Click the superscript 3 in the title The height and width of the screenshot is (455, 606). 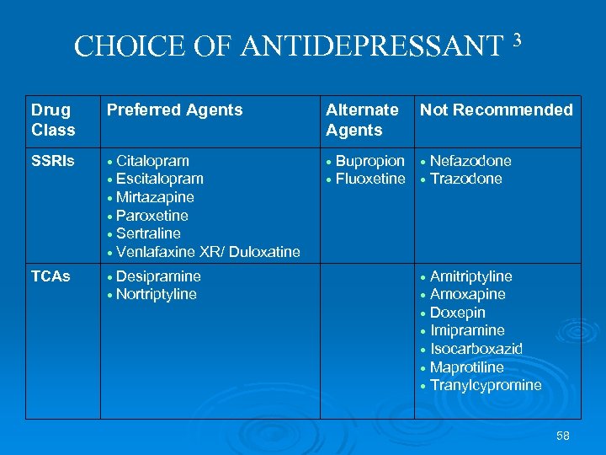pos(517,39)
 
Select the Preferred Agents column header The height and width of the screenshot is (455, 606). pos(173,110)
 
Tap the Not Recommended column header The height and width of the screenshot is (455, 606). pos(496,110)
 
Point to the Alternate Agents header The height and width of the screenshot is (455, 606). pos(362,120)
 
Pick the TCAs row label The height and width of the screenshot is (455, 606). pos(50,276)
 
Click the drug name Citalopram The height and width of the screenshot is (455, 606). pos(152,160)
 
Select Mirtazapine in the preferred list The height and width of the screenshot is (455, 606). pos(155,197)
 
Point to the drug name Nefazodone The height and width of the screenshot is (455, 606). pos(470,160)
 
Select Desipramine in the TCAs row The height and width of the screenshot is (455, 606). pos(158,276)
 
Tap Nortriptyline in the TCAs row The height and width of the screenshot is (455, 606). pos(157,294)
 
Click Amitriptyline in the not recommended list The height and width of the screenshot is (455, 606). pos(470,276)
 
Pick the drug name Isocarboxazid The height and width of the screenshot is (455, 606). pos(476,349)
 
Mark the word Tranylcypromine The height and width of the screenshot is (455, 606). pos(486,385)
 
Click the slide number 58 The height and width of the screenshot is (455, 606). pos(563,436)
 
